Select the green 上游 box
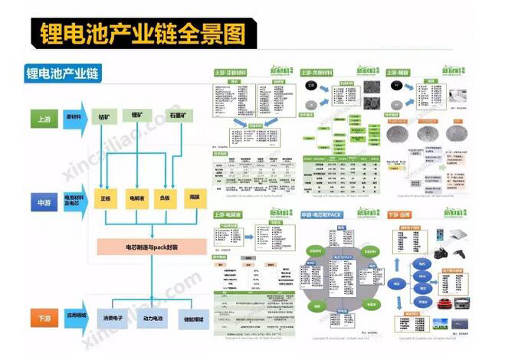(x=42, y=119)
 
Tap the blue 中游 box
(x=42, y=204)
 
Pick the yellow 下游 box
(x=42, y=314)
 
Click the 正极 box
(x=106, y=198)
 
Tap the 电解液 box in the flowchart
(x=136, y=198)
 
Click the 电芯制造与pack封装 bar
(x=152, y=247)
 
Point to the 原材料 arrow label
(x=74, y=116)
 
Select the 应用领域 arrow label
(x=74, y=314)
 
